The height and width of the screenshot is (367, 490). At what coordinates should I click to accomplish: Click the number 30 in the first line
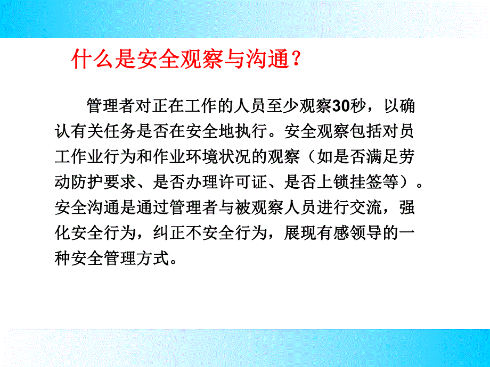pyautogui.click(x=340, y=106)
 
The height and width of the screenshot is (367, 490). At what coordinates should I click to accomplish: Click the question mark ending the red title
pyautogui.click(x=297, y=60)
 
